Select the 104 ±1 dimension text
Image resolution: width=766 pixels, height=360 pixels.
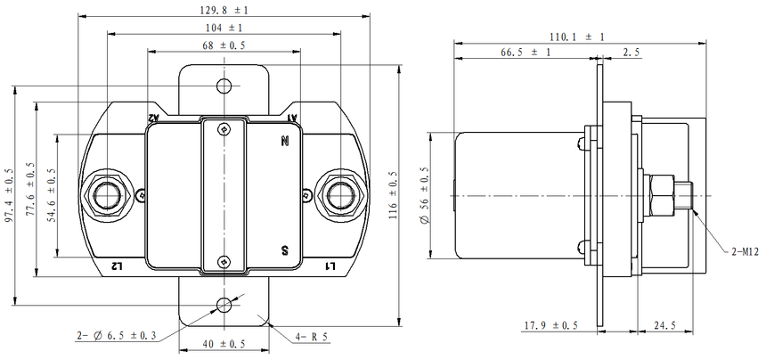224,28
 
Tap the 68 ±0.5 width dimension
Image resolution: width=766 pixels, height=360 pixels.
224,45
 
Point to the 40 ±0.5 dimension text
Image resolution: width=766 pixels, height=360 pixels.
224,344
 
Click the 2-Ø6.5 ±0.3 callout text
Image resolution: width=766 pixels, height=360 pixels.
117,336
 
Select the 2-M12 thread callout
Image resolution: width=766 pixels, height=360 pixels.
745,251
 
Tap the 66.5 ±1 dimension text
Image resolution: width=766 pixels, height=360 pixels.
526,53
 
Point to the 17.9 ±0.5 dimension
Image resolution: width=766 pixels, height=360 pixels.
551,325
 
